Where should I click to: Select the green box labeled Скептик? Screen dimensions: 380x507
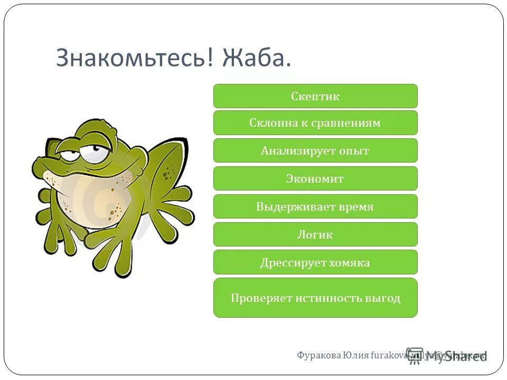coord(315,96)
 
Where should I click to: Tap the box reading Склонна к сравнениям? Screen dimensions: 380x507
coord(315,123)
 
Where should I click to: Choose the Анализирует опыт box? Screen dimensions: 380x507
coord(315,151)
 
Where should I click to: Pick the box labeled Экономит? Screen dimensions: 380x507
coord(315,179)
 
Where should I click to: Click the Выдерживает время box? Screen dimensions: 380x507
coord(315,207)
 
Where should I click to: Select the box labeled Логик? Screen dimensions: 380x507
coord(315,235)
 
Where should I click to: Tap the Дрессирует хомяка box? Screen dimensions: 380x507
coord(315,262)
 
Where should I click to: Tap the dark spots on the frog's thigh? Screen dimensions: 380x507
coord(168,172)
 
